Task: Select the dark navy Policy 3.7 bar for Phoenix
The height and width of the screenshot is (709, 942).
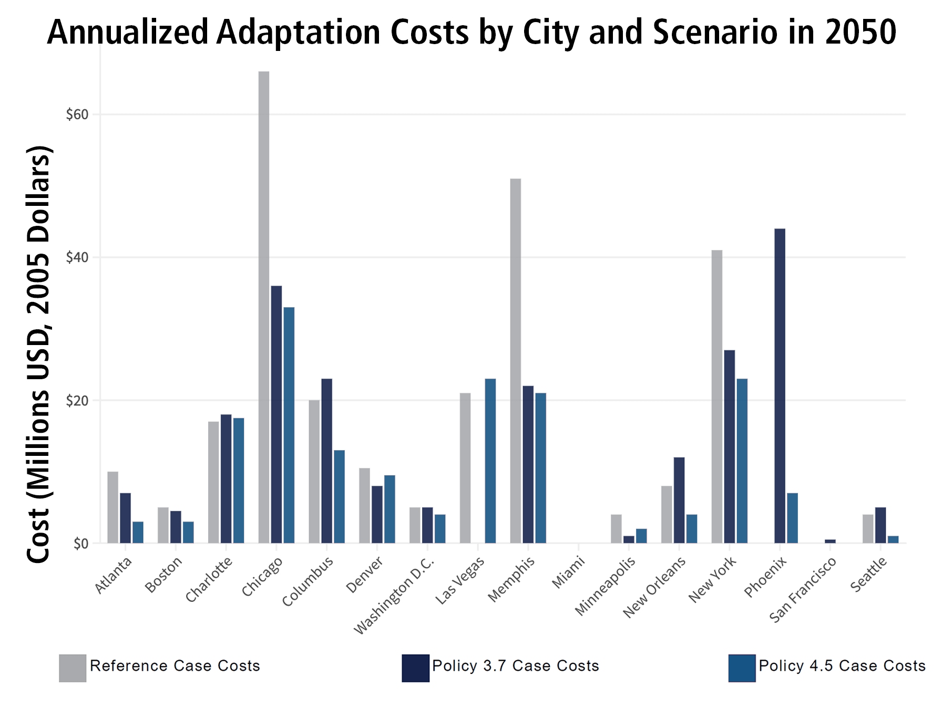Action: tap(780, 386)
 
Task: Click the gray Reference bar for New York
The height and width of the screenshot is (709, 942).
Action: tap(717, 397)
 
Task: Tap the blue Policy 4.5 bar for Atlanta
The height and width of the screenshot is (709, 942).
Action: tap(138, 532)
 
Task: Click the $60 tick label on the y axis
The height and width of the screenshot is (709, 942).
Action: tap(77, 114)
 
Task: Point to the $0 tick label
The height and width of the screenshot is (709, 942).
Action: tap(80, 544)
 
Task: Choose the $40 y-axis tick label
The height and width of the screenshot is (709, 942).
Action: tap(77, 257)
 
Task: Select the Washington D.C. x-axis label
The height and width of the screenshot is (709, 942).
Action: tap(394, 596)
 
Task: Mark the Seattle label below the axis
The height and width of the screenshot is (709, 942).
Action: tap(868, 575)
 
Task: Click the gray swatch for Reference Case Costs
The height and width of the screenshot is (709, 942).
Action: tap(73, 668)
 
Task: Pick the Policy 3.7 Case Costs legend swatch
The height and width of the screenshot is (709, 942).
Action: tap(415, 668)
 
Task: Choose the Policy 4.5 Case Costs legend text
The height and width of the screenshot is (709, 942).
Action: tap(842, 666)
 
